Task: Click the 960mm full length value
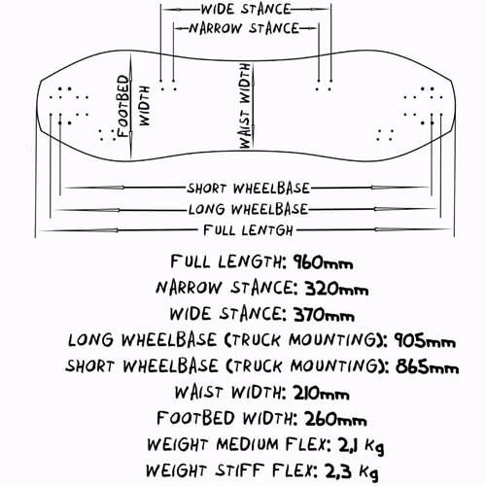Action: (x=323, y=262)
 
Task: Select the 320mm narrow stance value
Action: (x=336, y=288)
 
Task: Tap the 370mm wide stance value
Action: (x=324, y=314)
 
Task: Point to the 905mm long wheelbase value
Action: (x=425, y=340)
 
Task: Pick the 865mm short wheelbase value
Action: (x=427, y=366)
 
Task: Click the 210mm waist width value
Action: (x=321, y=393)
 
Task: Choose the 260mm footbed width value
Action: (x=335, y=419)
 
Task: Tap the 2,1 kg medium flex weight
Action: (x=361, y=445)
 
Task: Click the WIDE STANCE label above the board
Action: (x=246, y=9)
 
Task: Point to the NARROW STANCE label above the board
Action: (x=244, y=28)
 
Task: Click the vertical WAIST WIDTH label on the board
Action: (x=246, y=106)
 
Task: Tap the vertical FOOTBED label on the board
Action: (x=123, y=106)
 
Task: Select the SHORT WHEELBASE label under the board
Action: (x=248, y=189)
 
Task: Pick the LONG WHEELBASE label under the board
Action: (x=248, y=209)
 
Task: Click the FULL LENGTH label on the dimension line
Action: (x=248, y=230)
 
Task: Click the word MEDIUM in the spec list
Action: (x=247, y=444)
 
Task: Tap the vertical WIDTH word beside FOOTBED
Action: (x=145, y=106)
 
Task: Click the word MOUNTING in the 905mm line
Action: (x=333, y=340)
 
